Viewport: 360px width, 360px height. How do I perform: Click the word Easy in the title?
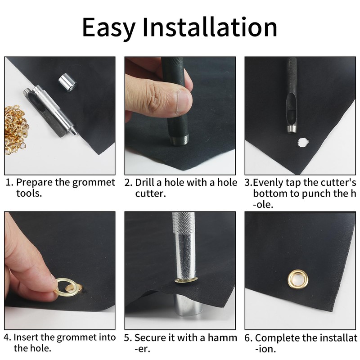[108, 27]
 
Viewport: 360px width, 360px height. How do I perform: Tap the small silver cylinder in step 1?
[67, 83]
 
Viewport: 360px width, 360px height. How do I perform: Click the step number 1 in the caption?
[8, 183]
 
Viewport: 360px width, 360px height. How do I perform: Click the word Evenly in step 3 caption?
[267, 183]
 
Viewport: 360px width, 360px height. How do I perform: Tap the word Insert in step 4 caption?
[26, 337]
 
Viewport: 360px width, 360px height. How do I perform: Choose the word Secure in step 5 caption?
[149, 337]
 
